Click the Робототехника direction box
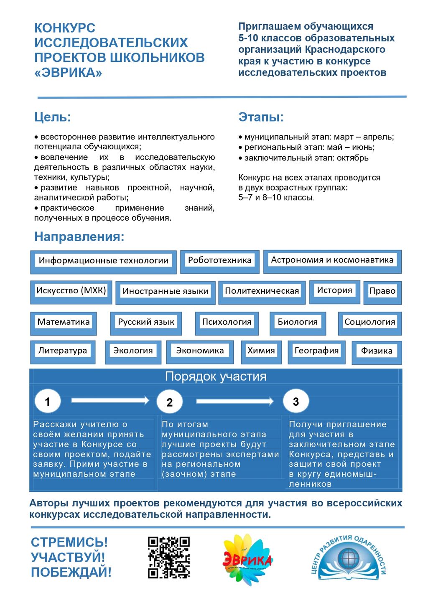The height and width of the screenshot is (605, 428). point(220,261)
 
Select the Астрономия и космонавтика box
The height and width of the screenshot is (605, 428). point(332,260)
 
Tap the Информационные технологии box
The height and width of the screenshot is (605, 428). point(103,261)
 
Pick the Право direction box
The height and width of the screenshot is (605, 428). point(382,291)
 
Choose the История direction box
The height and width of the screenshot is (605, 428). point(334,291)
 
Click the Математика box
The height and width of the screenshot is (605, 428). point(64,322)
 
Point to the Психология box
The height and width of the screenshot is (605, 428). point(227,322)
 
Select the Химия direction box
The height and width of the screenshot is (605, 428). point(261,351)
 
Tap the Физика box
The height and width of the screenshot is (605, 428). point(377,351)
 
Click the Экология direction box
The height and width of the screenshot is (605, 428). point(133,351)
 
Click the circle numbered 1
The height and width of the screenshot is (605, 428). point(47,402)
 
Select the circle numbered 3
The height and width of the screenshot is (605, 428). point(296,402)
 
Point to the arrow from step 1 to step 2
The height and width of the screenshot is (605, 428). point(110,400)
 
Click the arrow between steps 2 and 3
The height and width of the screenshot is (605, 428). point(234,401)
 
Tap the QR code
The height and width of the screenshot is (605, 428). point(169,557)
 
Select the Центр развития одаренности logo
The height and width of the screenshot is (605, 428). point(349,558)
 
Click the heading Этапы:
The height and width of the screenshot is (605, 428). point(261,117)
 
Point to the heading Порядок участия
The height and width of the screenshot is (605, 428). point(215,376)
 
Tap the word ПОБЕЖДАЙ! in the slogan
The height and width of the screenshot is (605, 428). point(71,572)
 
